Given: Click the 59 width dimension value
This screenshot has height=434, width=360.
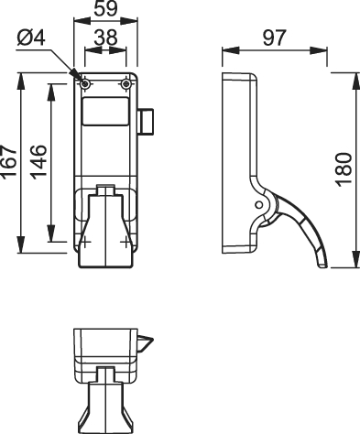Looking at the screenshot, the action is point(105,8).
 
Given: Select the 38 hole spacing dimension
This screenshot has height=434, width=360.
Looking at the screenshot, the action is point(105,38).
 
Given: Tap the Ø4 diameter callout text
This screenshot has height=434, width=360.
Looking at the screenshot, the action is point(31,38).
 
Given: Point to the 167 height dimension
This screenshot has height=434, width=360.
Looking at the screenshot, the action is point(8,162).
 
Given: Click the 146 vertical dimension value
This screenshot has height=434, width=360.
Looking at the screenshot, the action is point(38,162).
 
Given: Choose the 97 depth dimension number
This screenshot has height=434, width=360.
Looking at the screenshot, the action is point(275,38).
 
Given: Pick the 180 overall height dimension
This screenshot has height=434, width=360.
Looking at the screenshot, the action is point(344,169).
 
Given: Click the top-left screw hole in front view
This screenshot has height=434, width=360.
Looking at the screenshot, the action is point(85,84).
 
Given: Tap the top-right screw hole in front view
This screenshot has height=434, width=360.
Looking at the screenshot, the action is point(125,84).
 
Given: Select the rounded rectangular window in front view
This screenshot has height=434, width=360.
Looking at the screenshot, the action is point(105,112).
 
